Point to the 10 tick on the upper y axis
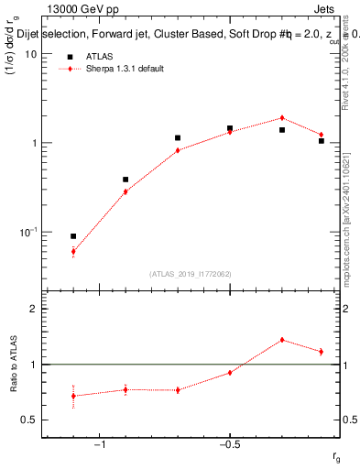(x=30, y=54)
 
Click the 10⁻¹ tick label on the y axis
(x=27, y=232)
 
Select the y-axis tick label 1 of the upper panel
(x=33, y=143)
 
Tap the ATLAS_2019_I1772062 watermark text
(x=190, y=274)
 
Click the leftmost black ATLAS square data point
(x=73, y=236)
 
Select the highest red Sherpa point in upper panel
(x=282, y=117)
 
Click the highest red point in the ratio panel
(x=282, y=340)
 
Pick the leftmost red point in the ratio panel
(x=73, y=396)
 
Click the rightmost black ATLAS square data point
(x=322, y=141)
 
